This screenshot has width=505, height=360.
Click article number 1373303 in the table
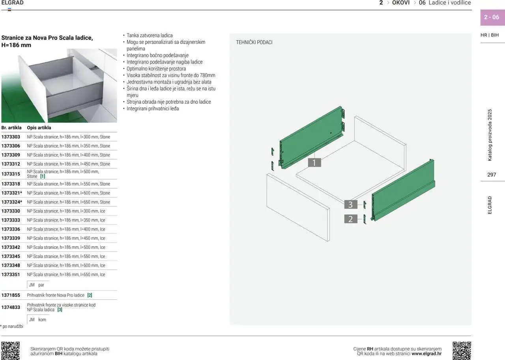click(11, 137)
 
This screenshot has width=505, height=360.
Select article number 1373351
click(11, 274)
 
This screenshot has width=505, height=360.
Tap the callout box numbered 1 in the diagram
click(314, 162)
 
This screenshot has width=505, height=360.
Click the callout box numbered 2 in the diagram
click(351, 219)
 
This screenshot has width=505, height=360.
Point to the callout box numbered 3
click(351, 205)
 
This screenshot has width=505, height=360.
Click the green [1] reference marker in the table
click(43, 176)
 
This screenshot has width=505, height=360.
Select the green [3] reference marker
click(60, 310)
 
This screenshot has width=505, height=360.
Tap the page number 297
click(492, 175)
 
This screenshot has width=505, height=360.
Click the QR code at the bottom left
click(10, 351)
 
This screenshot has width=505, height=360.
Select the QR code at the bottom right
click(462, 351)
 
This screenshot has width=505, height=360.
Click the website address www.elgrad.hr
click(426, 353)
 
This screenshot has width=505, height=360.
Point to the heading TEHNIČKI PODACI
click(254, 42)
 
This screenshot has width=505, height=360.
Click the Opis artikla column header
click(39, 128)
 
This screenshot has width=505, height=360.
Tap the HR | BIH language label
click(490, 35)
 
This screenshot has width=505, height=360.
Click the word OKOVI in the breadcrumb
click(401, 3)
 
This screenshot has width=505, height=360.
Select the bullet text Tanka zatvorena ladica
click(150, 35)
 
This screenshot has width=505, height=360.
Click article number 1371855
click(11, 295)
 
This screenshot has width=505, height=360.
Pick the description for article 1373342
click(66, 247)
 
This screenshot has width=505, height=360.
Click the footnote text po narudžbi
click(13, 326)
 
